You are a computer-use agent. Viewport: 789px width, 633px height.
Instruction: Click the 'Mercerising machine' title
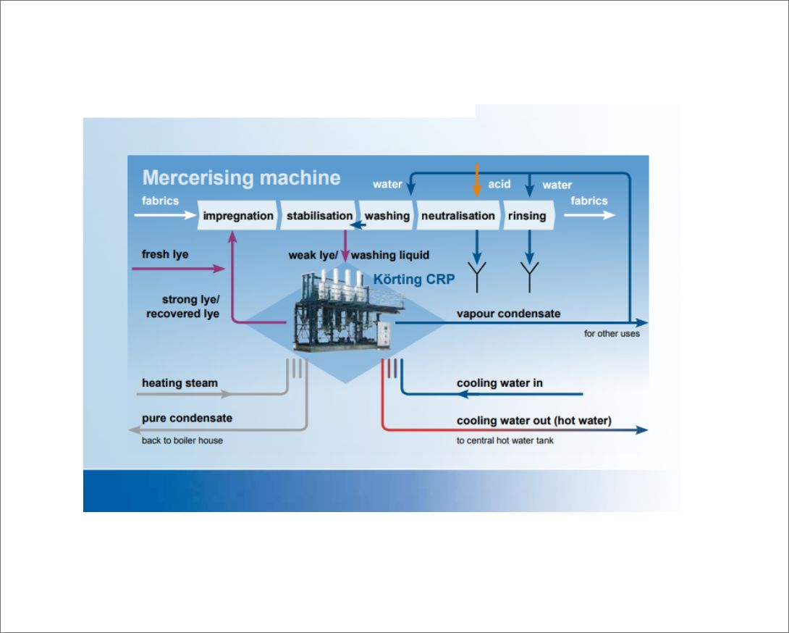pos(241,177)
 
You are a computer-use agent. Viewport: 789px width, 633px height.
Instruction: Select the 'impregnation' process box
pos(238,216)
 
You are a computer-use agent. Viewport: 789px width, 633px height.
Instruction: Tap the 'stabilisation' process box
pos(319,216)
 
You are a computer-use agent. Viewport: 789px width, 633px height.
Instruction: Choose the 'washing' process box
pos(387,216)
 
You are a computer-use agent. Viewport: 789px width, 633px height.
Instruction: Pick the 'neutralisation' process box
pos(457,216)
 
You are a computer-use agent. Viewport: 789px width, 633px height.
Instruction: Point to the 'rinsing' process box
pos(527,216)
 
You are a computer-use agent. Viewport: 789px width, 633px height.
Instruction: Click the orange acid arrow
pos(476,181)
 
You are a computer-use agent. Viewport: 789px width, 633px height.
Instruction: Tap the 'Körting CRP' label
pos(413,279)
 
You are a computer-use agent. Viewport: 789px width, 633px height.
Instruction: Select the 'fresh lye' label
pos(165,254)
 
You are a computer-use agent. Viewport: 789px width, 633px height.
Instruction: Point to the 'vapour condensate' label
pos(508,314)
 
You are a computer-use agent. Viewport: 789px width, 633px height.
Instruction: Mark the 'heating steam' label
pos(180,382)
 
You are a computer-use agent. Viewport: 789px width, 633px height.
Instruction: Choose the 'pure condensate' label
pos(187,418)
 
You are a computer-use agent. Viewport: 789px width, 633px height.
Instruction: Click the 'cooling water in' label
pos(499,382)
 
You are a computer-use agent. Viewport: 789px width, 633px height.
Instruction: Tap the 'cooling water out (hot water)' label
pos(533,420)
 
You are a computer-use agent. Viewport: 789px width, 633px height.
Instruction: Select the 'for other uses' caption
pos(612,334)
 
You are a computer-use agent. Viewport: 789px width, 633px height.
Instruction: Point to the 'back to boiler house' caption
pos(182,440)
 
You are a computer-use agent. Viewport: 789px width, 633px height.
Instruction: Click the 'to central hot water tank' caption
pos(505,440)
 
